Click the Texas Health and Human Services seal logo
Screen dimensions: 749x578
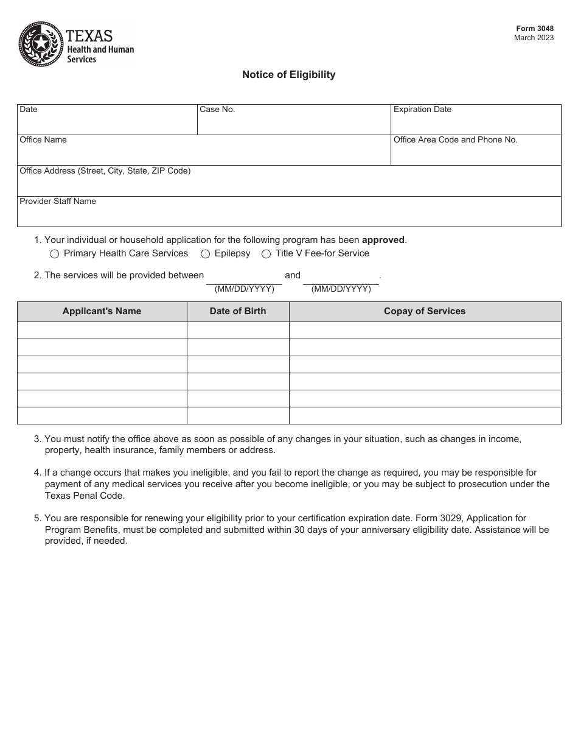point(41,44)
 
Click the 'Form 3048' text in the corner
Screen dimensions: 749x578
point(535,29)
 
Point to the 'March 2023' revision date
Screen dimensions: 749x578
point(534,38)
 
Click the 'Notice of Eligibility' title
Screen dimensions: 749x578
point(288,74)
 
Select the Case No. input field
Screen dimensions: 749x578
point(293,124)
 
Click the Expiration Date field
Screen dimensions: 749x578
point(475,124)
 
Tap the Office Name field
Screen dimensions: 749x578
point(203,154)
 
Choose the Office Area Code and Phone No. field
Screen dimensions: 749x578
point(475,154)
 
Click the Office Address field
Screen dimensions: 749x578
point(288,185)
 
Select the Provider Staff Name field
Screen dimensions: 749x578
point(288,216)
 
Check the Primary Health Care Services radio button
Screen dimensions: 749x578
point(54,254)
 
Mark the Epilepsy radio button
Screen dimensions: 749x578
point(206,254)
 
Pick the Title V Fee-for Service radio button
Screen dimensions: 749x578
point(266,254)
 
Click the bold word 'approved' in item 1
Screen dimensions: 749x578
point(383,240)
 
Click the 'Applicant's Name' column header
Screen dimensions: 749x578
point(102,311)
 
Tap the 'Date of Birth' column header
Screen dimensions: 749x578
point(238,311)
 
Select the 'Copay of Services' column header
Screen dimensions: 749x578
point(425,311)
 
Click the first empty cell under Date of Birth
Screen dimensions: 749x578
point(238,330)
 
